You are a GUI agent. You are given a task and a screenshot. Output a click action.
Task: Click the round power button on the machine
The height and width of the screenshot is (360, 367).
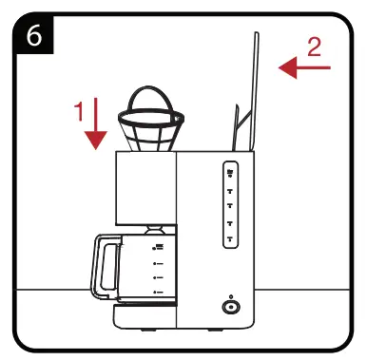coord(229,307)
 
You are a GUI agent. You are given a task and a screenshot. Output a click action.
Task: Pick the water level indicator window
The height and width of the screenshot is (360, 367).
coord(230,205)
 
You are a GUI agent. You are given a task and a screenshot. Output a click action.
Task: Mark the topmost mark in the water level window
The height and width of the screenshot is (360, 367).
coord(230,172)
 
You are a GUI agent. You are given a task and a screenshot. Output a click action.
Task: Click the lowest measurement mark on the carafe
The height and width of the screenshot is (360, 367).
coord(156,293)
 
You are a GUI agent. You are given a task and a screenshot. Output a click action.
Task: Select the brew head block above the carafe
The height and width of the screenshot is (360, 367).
coord(145,188)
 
